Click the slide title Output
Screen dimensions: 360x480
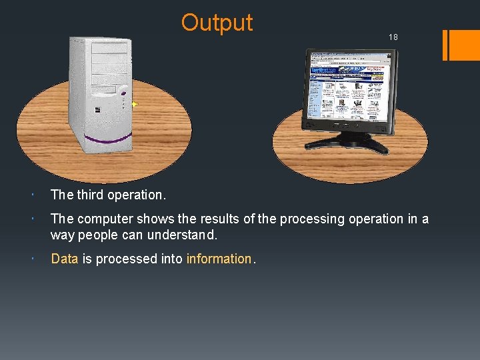tap(217, 23)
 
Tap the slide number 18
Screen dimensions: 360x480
tap(393, 37)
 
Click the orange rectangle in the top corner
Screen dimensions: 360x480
tap(460, 45)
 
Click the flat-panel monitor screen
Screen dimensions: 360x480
tap(347, 91)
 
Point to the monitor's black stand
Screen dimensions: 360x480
tap(347, 140)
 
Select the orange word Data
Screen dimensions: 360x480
tap(65, 259)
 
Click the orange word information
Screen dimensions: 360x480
tap(219, 259)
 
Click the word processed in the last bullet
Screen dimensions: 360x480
tap(120, 259)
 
